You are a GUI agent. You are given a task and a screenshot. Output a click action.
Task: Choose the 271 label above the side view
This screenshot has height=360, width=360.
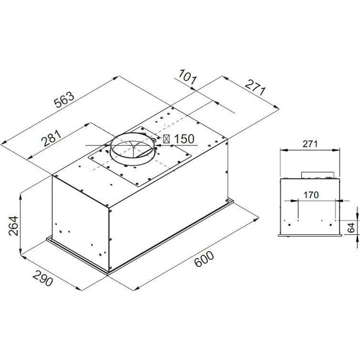tap(309, 145)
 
